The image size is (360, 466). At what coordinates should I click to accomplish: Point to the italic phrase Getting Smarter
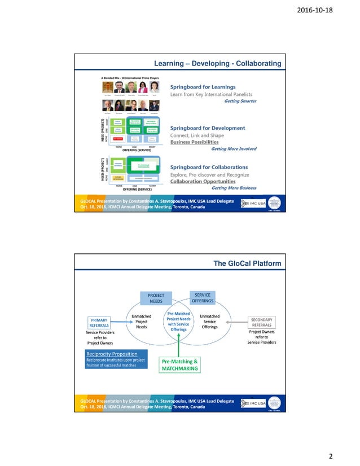[x=240, y=102]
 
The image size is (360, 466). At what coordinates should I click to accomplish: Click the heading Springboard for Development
[x=207, y=128]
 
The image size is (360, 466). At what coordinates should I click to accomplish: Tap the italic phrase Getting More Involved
[x=233, y=149]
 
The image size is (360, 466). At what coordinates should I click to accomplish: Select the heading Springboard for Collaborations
[x=209, y=168]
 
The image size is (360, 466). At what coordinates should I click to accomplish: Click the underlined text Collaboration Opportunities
[x=203, y=182]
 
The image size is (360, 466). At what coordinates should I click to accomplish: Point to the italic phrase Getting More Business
[x=234, y=188]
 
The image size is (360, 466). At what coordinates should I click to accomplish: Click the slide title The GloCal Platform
[x=247, y=263]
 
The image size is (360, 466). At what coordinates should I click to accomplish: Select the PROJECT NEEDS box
[x=156, y=298]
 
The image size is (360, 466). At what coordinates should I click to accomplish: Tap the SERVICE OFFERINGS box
[x=203, y=297]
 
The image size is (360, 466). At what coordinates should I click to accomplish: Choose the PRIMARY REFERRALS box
[x=99, y=322]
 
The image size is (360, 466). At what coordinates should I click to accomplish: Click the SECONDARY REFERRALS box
[x=261, y=322]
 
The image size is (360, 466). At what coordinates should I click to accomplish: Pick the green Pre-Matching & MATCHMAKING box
[x=179, y=364]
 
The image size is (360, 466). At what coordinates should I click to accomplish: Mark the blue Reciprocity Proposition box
[x=115, y=359]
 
